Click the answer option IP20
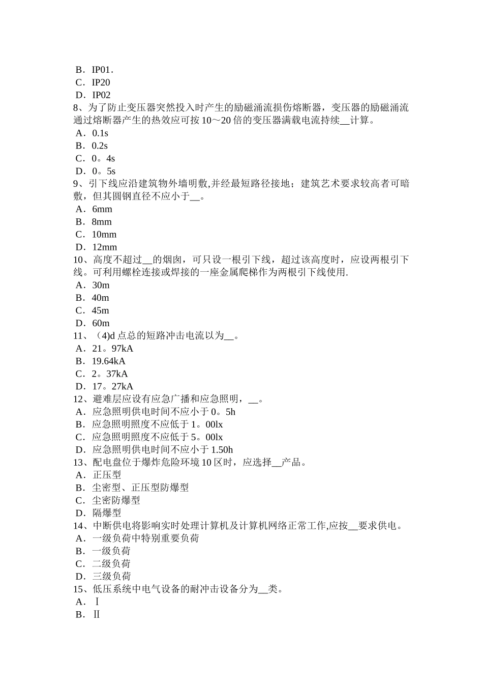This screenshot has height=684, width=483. coord(101,82)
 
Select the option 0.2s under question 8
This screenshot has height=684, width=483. coord(100,146)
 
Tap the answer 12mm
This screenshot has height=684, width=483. coord(104,247)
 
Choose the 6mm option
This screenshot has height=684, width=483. coord(102,209)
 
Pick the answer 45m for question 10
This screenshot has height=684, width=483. coord(100,310)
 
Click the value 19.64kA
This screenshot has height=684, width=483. coord(108,361)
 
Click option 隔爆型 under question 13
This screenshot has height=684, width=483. coord(107,513)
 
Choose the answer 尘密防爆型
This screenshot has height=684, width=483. coord(116,500)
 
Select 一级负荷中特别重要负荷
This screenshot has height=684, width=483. coord(145,538)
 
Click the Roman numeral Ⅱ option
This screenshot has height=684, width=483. coord(97,614)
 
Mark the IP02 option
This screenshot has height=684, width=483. coord(101,95)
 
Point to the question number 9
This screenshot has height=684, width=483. coord(76,184)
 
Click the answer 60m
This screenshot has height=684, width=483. coord(101,323)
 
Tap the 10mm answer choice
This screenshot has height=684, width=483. coord(104,235)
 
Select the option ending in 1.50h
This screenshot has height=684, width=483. coord(162,450)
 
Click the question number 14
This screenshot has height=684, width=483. coord(79,526)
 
